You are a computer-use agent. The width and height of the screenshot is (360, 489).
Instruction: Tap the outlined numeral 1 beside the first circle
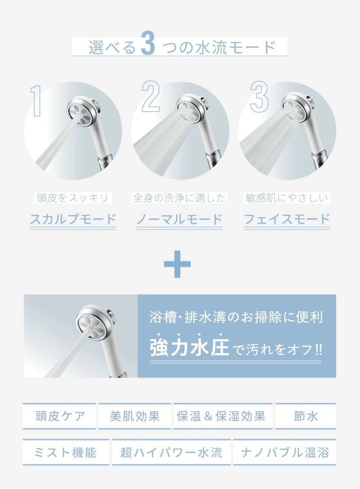[x=36, y=101]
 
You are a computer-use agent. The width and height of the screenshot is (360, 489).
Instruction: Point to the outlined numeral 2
[x=151, y=96]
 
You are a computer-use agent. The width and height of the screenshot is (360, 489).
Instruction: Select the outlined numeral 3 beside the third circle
[x=259, y=96]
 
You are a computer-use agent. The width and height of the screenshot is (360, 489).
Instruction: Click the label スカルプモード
[x=73, y=220]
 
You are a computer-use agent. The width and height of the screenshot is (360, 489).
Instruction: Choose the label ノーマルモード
[x=180, y=220]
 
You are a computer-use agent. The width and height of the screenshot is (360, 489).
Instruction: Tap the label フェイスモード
[x=287, y=220]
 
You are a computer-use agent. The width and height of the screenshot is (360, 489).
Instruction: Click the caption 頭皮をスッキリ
[x=73, y=198]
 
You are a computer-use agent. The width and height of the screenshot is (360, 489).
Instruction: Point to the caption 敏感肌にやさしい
[x=287, y=198]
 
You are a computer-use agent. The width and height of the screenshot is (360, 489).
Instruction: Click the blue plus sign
[x=177, y=264]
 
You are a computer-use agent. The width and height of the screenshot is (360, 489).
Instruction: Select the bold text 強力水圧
[x=189, y=347]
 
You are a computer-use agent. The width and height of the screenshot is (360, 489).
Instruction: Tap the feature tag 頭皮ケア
[x=59, y=416]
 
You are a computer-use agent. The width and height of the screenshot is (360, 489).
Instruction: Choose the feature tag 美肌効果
[x=135, y=416]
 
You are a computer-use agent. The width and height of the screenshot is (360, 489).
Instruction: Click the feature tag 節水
[x=306, y=416]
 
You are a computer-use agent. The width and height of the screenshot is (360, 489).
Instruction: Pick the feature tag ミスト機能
[x=66, y=452]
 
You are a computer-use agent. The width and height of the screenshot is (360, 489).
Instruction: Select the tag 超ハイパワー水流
[x=171, y=452]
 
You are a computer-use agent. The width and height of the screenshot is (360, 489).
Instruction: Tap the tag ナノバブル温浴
[x=285, y=452]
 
